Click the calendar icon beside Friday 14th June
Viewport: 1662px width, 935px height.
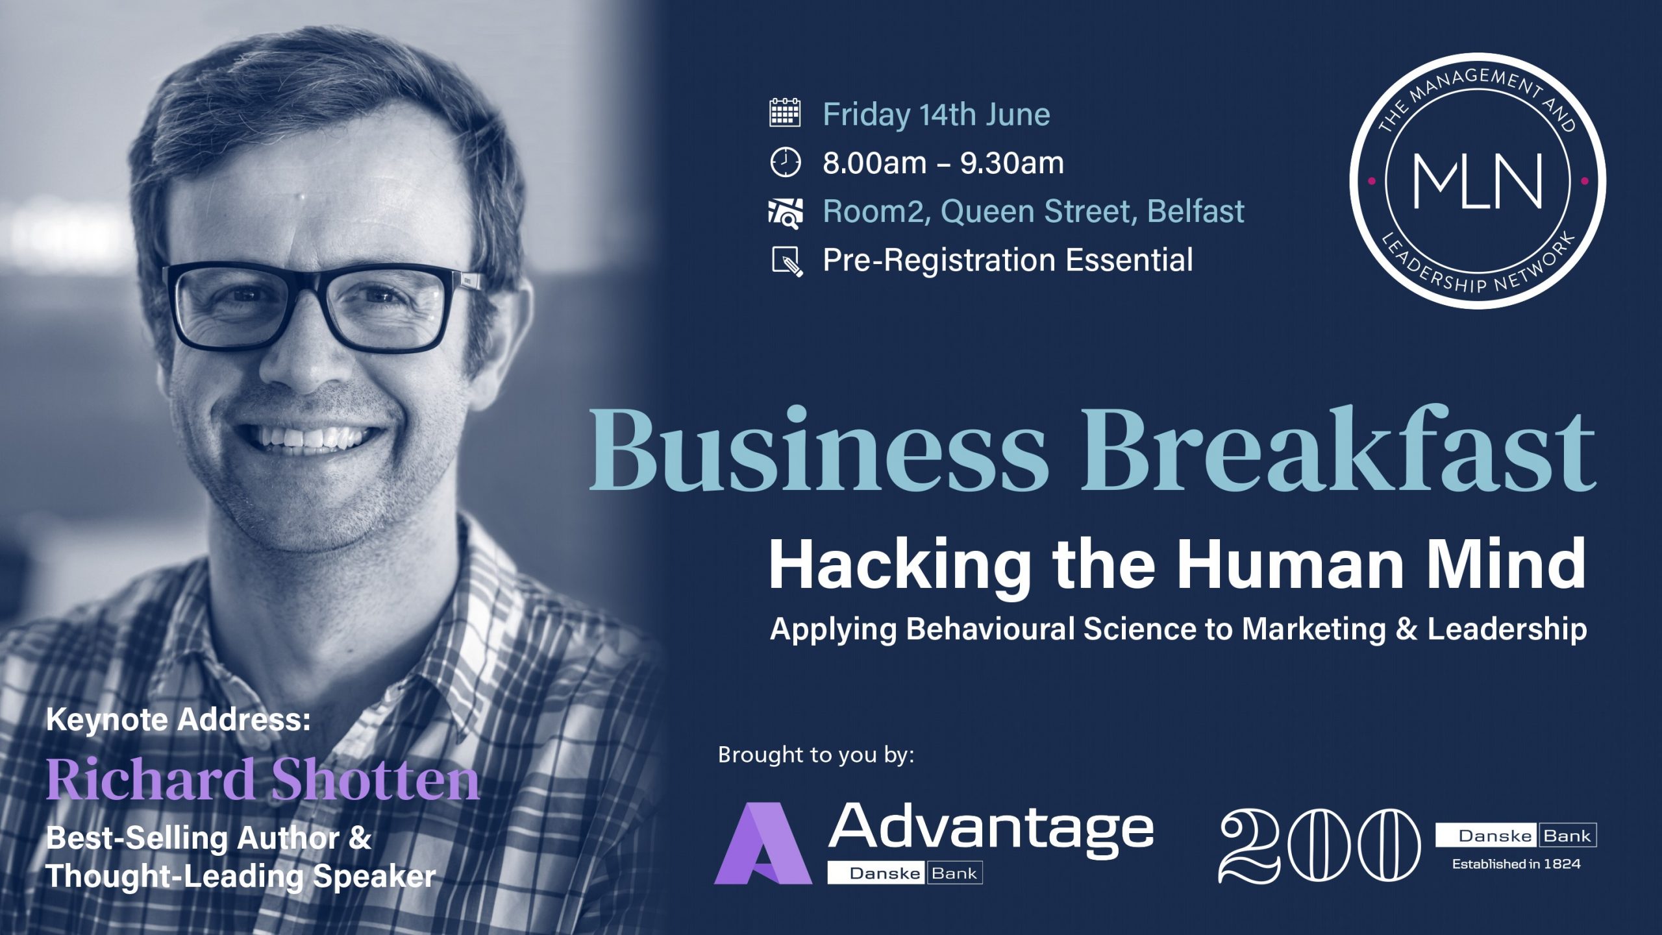coord(785,113)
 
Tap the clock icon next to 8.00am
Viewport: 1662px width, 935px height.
coord(786,162)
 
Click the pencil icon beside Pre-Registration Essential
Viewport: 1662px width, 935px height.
coord(787,261)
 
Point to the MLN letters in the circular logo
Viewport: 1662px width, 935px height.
coord(1478,181)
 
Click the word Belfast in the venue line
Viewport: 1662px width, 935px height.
coord(1196,211)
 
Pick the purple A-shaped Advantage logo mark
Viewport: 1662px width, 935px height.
coord(763,844)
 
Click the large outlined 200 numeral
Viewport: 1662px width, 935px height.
coord(1320,846)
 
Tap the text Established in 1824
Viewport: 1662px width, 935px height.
coord(1517,864)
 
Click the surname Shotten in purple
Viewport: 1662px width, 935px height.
coord(375,779)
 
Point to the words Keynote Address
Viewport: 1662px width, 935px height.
coord(179,720)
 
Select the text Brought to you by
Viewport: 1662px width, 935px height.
coord(816,755)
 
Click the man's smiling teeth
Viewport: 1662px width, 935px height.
coord(312,438)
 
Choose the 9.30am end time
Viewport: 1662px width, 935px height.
coord(1012,163)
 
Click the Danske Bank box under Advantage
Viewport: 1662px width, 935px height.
coord(905,873)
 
